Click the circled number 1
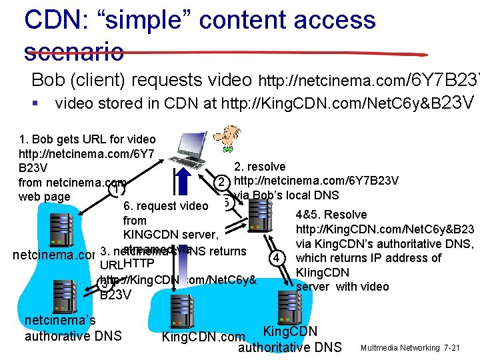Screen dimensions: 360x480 pos(116,190)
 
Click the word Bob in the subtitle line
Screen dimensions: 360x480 pos(49,80)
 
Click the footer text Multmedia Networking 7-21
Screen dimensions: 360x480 pos(409,348)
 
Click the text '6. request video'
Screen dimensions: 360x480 pos(166,206)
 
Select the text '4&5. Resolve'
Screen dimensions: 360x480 pos(331,215)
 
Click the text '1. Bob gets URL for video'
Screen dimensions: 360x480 pos(87,139)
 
